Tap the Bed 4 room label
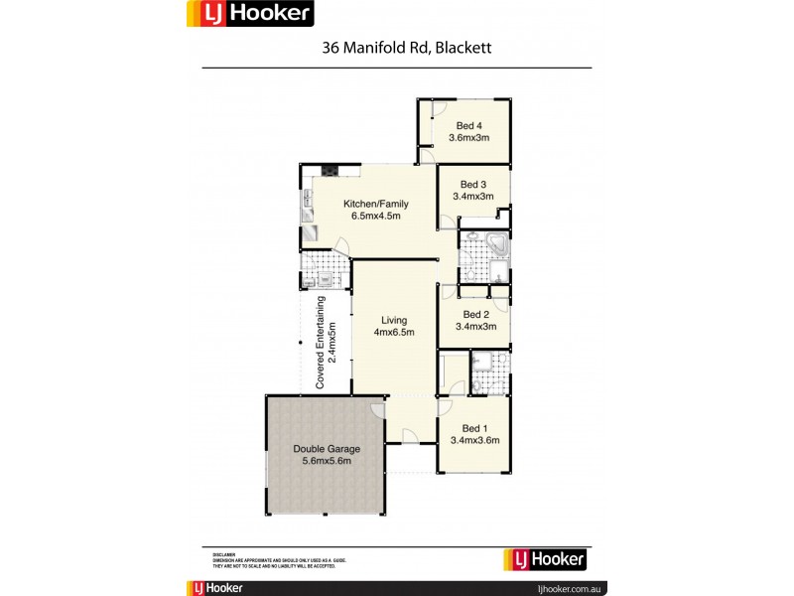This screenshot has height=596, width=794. click(x=469, y=126)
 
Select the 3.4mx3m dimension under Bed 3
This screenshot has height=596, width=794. click(x=473, y=197)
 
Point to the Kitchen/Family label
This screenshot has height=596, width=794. click(x=375, y=205)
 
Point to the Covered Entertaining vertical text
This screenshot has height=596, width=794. click(x=321, y=342)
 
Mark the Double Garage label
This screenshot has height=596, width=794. click(x=327, y=449)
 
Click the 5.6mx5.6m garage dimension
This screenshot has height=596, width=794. click(x=327, y=462)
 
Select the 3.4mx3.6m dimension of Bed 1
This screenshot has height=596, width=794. click(x=475, y=439)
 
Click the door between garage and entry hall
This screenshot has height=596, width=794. click(x=378, y=409)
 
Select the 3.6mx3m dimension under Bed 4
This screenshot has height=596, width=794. click(x=469, y=138)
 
